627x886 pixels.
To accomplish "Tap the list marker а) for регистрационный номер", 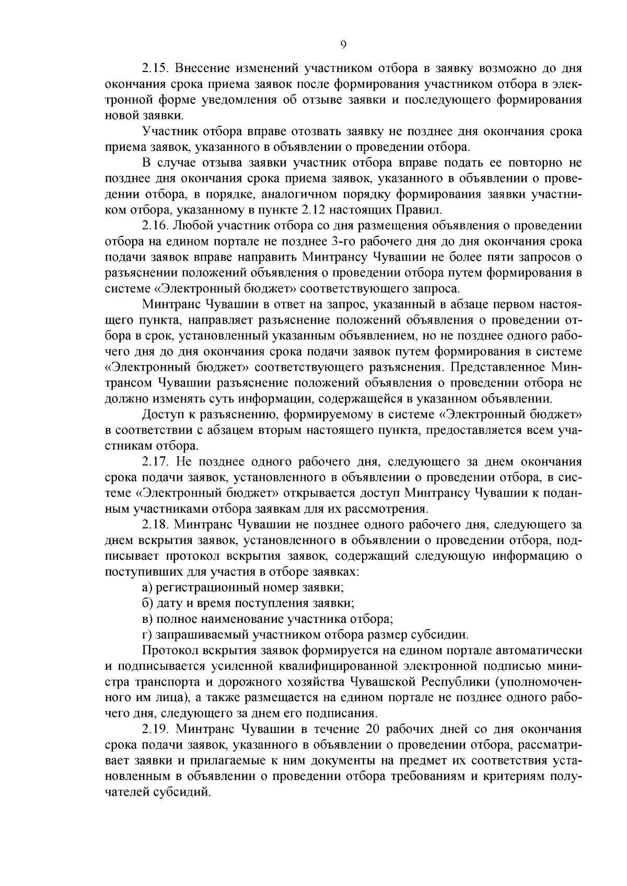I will pos(147,587).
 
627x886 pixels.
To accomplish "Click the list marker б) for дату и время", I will pos(147,603).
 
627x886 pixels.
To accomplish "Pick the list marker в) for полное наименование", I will pos(147,619).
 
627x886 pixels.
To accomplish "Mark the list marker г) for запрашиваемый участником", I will pos(146,635).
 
